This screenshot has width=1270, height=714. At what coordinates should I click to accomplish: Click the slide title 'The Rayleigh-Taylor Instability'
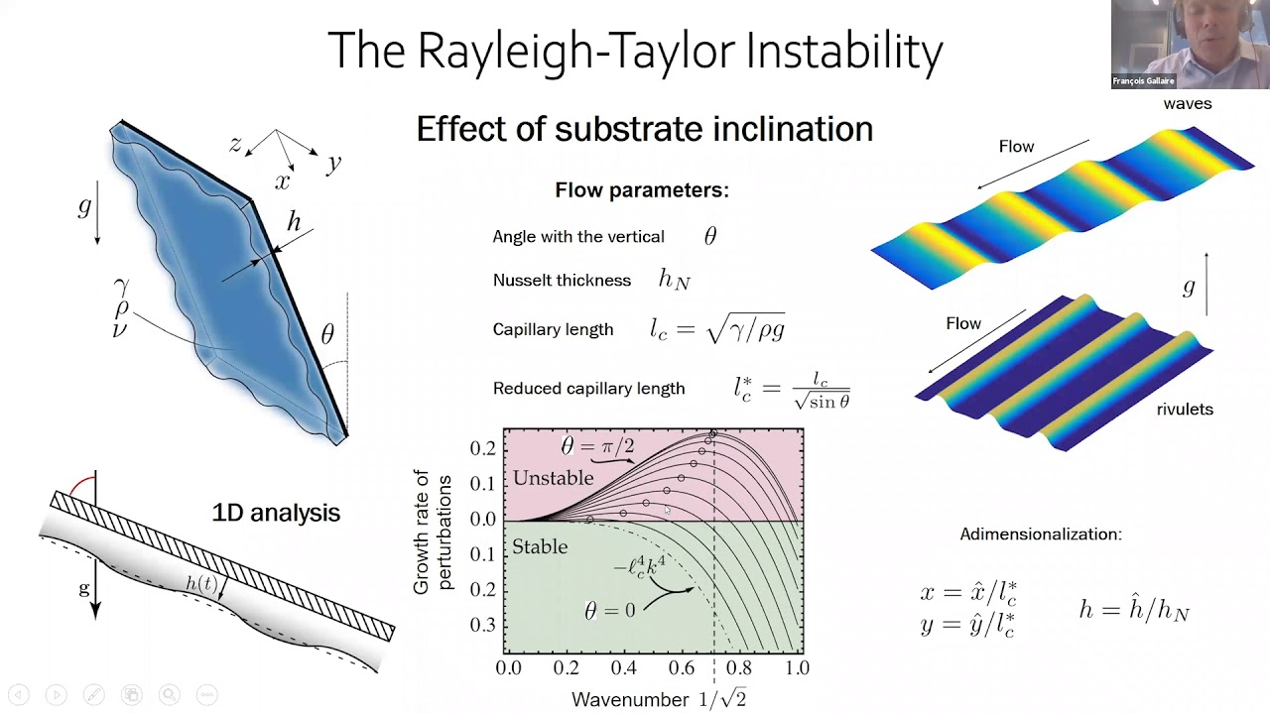[635, 52]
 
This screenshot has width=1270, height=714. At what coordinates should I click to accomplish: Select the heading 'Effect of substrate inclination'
[644, 129]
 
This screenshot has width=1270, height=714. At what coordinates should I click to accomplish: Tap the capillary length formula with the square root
[717, 329]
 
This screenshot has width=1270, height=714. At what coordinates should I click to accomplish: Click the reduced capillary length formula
[792, 389]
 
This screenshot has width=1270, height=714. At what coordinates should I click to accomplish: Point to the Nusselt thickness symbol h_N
[674, 280]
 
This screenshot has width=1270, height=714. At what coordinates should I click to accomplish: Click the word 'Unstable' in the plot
[553, 478]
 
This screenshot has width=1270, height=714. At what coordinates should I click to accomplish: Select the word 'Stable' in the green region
[540, 546]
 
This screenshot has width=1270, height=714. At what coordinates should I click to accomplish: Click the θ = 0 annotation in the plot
[609, 611]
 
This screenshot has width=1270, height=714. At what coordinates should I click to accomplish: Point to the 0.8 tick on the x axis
[739, 668]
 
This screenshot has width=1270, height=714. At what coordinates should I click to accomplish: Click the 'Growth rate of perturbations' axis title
[431, 534]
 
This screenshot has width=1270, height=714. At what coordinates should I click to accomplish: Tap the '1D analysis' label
[276, 513]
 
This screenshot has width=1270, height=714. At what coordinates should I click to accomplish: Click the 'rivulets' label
[1185, 410]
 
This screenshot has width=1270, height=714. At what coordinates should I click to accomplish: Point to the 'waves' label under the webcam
[1188, 103]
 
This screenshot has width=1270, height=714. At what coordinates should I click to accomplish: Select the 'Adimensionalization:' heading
[1041, 535]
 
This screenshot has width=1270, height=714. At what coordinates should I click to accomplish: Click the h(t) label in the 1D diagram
[201, 584]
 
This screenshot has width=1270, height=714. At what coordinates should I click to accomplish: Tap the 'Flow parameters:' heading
[642, 190]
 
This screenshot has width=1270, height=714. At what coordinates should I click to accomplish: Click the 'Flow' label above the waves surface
[1016, 147]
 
